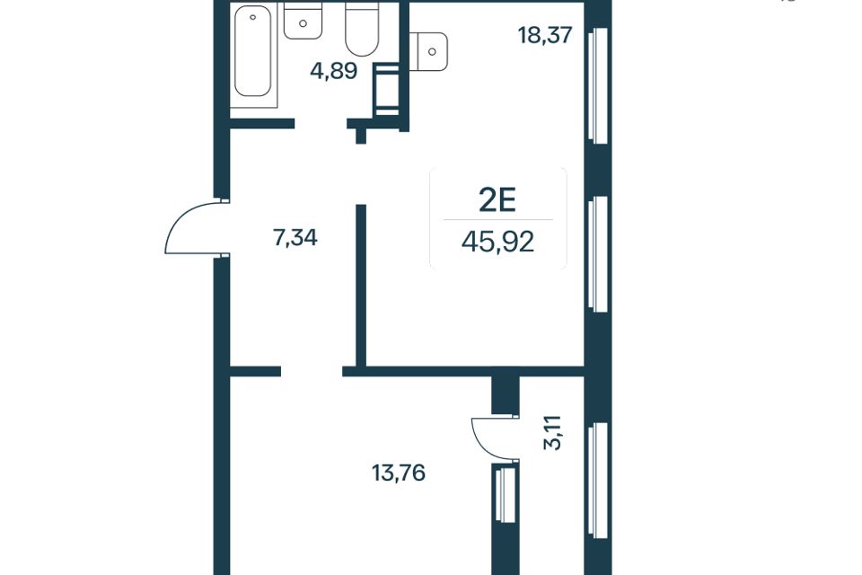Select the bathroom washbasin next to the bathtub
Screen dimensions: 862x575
coord(303,21)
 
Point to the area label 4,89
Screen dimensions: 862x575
coord(334,71)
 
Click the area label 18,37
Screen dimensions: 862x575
coord(545,35)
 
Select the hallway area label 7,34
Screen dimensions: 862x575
coord(295,238)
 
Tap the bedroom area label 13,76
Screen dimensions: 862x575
coord(399,473)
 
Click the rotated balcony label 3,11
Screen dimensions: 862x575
coord(554,433)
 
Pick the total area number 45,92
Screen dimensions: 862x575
coord(498,241)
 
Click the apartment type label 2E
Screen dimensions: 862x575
coord(498,201)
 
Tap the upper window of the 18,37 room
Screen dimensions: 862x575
coord(598,85)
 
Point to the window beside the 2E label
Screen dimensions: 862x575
coord(598,254)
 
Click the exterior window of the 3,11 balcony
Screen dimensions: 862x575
coord(598,481)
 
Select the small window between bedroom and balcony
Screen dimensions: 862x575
coord(505,492)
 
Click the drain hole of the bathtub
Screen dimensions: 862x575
coord(253,17)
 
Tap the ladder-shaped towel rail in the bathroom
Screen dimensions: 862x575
coord(386,89)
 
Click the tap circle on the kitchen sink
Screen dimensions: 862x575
coord(432,52)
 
